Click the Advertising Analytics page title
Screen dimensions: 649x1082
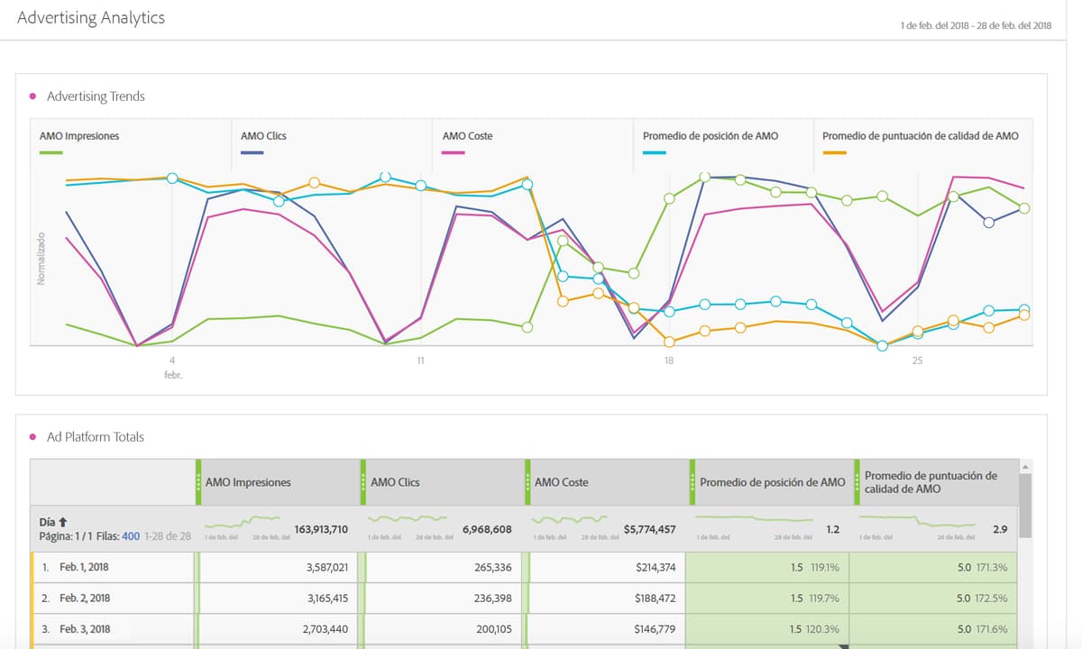(x=91, y=18)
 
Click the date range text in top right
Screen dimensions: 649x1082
(x=976, y=25)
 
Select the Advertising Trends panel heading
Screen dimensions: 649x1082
(x=96, y=96)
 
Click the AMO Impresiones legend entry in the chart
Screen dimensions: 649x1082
(x=79, y=136)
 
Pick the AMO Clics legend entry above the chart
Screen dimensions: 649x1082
(x=263, y=136)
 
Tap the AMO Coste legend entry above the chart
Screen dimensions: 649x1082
(x=467, y=136)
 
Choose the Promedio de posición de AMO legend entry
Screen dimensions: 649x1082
(x=711, y=136)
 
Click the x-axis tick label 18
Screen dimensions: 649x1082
(x=668, y=361)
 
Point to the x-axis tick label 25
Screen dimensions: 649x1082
(x=917, y=361)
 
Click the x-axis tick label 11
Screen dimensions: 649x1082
(x=420, y=361)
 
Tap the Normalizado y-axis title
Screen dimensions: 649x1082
(x=41, y=259)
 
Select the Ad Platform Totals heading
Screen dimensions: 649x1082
(x=96, y=437)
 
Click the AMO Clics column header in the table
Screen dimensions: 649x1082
(x=395, y=482)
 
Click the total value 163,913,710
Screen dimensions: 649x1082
(x=321, y=530)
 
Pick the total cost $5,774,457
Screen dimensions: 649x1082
(x=649, y=530)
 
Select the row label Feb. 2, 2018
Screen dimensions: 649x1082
(x=86, y=599)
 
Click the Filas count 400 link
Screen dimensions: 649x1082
(x=131, y=536)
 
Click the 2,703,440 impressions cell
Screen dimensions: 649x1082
(x=322, y=629)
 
